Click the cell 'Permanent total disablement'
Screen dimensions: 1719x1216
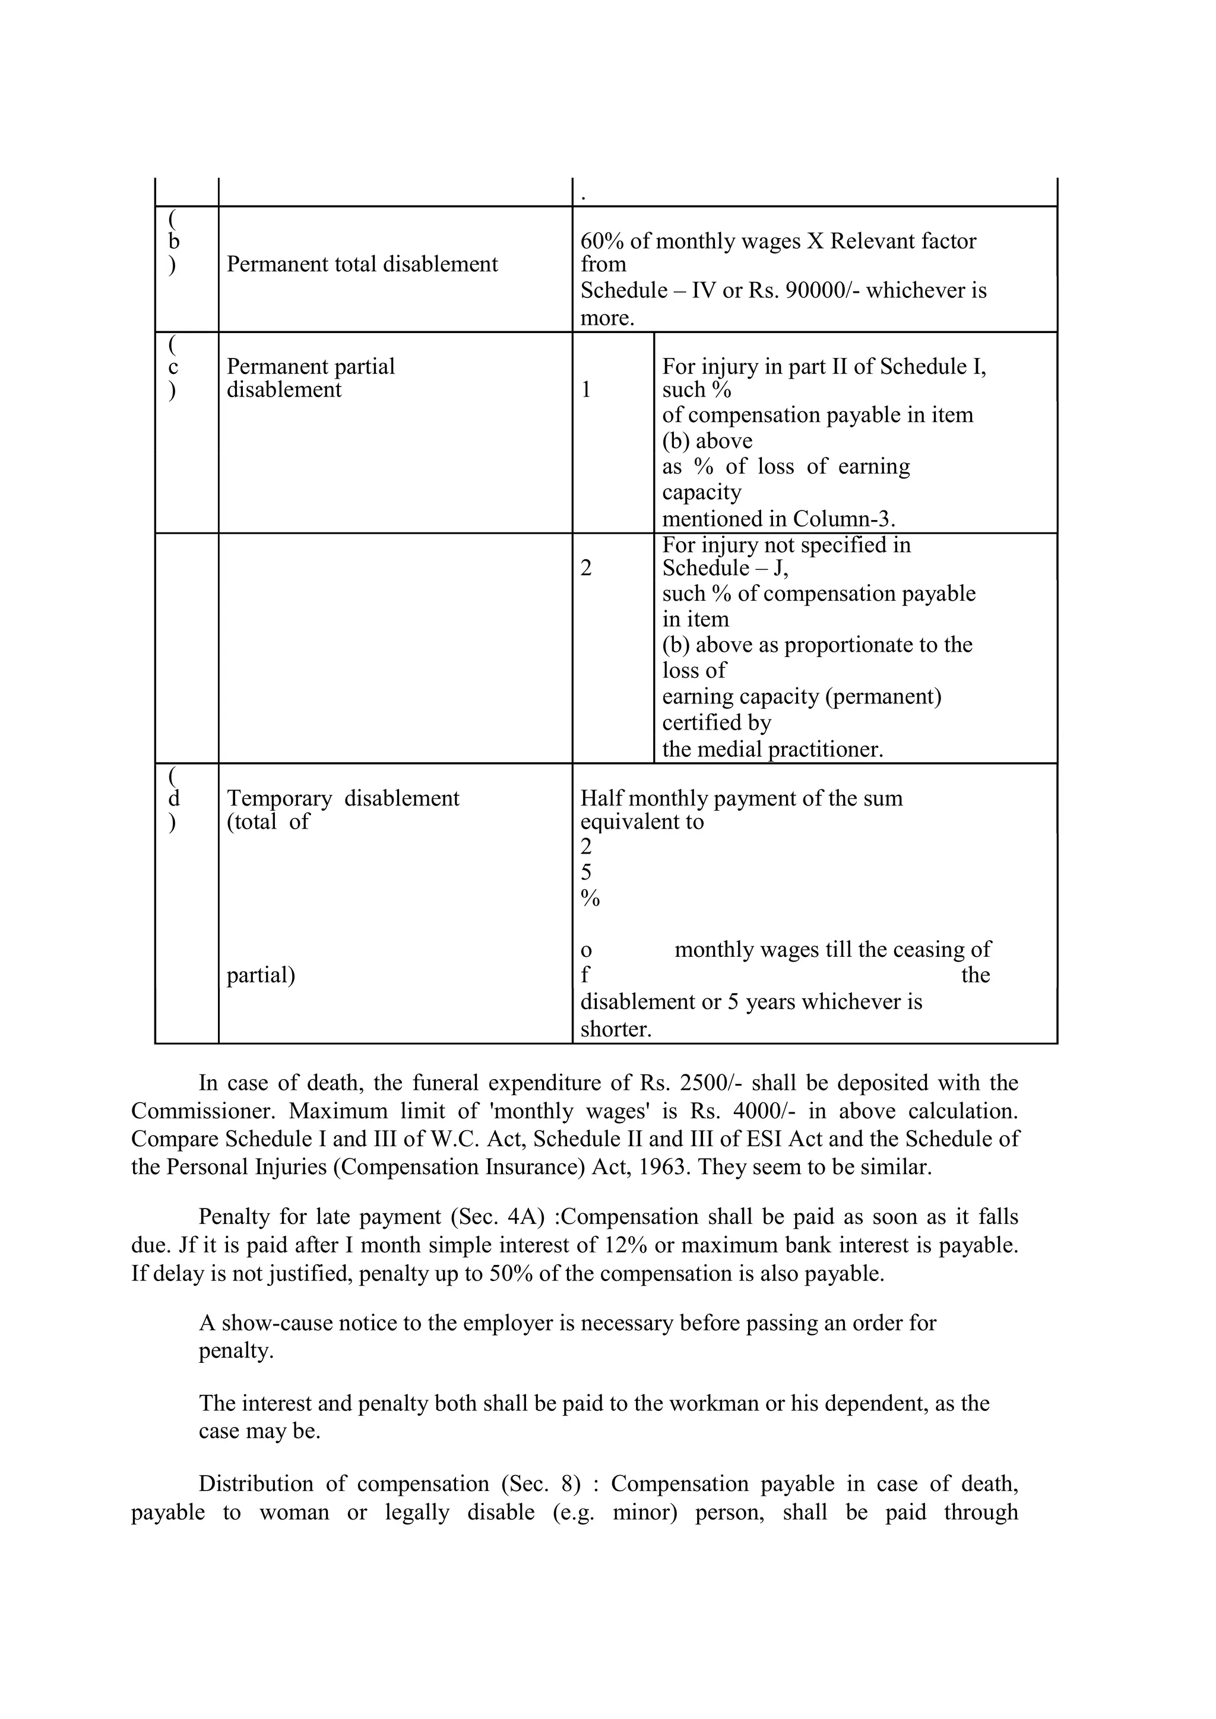[362, 264]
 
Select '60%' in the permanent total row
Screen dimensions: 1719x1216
[602, 241]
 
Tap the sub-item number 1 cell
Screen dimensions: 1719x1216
[586, 390]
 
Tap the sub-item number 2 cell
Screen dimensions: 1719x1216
[586, 568]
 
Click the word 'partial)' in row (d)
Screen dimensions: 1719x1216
[261, 975]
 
